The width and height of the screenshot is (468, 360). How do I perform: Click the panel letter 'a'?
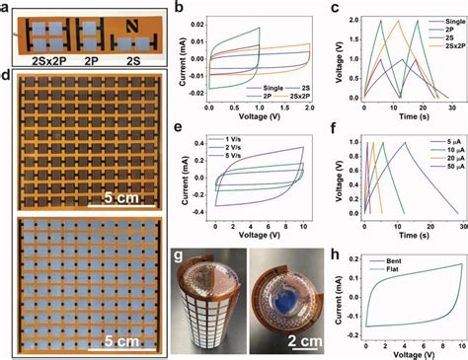pyautogui.click(x=6, y=8)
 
